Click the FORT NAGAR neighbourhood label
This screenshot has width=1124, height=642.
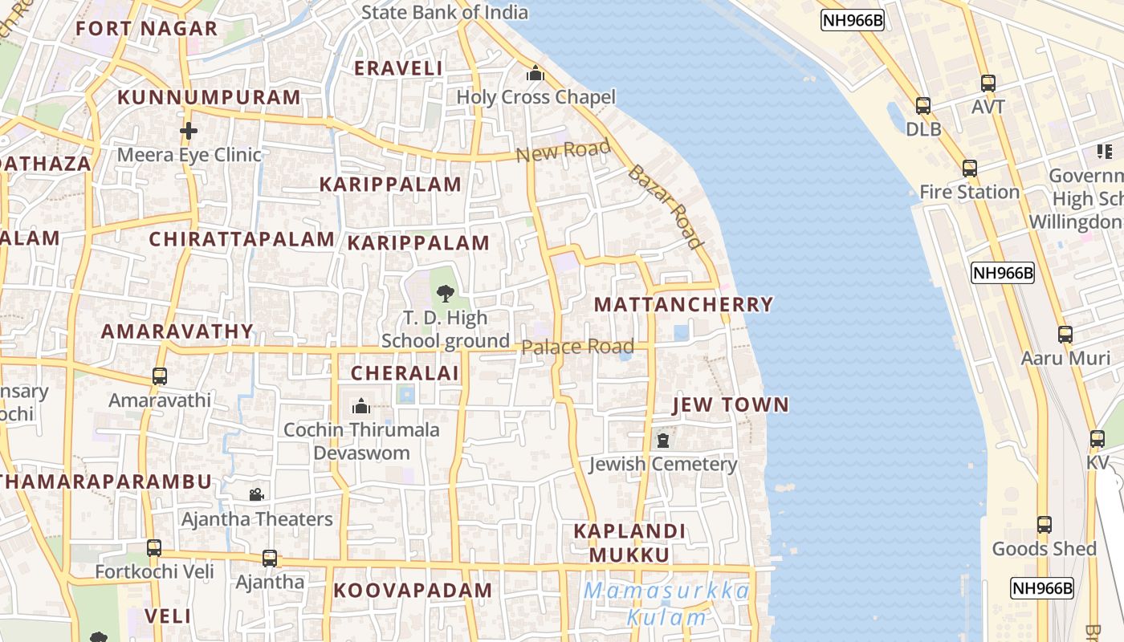pyautogui.click(x=147, y=29)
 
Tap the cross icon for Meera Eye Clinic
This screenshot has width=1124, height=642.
pyautogui.click(x=189, y=130)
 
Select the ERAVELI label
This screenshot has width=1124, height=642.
pyautogui.click(x=398, y=68)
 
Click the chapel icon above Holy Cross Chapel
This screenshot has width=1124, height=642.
pyautogui.click(x=536, y=75)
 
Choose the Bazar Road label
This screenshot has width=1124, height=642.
pyautogui.click(x=666, y=206)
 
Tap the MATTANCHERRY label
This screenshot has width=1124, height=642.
pyautogui.click(x=683, y=305)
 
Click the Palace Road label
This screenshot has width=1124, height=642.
pyautogui.click(x=578, y=347)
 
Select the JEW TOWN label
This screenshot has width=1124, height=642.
pyautogui.click(x=731, y=404)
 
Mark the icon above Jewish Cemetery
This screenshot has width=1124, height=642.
pyautogui.click(x=663, y=441)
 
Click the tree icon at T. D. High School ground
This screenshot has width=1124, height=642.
pyautogui.click(x=445, y=294)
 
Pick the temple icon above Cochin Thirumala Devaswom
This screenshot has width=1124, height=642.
pyautogui.click(x=361, y=406)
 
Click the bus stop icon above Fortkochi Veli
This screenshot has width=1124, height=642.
pyautogui.click(x=154, y=548)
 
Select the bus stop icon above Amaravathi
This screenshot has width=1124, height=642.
pyautogui.click(x=160, y=376)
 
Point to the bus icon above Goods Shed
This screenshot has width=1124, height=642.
pyautogui.click(x=1044, y=525)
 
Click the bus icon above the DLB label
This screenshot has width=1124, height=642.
pyautogui.click(x=923, y=105)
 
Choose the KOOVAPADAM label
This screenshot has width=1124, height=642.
pyautogui.click(x=413, y=591)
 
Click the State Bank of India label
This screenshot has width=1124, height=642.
pyautogui.click(x=445, y=12)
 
